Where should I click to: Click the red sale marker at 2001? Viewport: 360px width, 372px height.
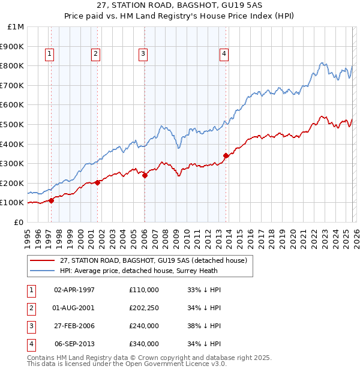pos(98,182)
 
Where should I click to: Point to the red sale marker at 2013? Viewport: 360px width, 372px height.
pos(226,155)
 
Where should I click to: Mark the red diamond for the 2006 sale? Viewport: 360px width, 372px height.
pos(145,175)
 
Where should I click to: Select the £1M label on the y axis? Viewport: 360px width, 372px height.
pos(16,26)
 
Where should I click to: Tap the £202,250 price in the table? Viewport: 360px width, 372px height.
pos(144,308)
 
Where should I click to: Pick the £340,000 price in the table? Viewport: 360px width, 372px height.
pos(144,344)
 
